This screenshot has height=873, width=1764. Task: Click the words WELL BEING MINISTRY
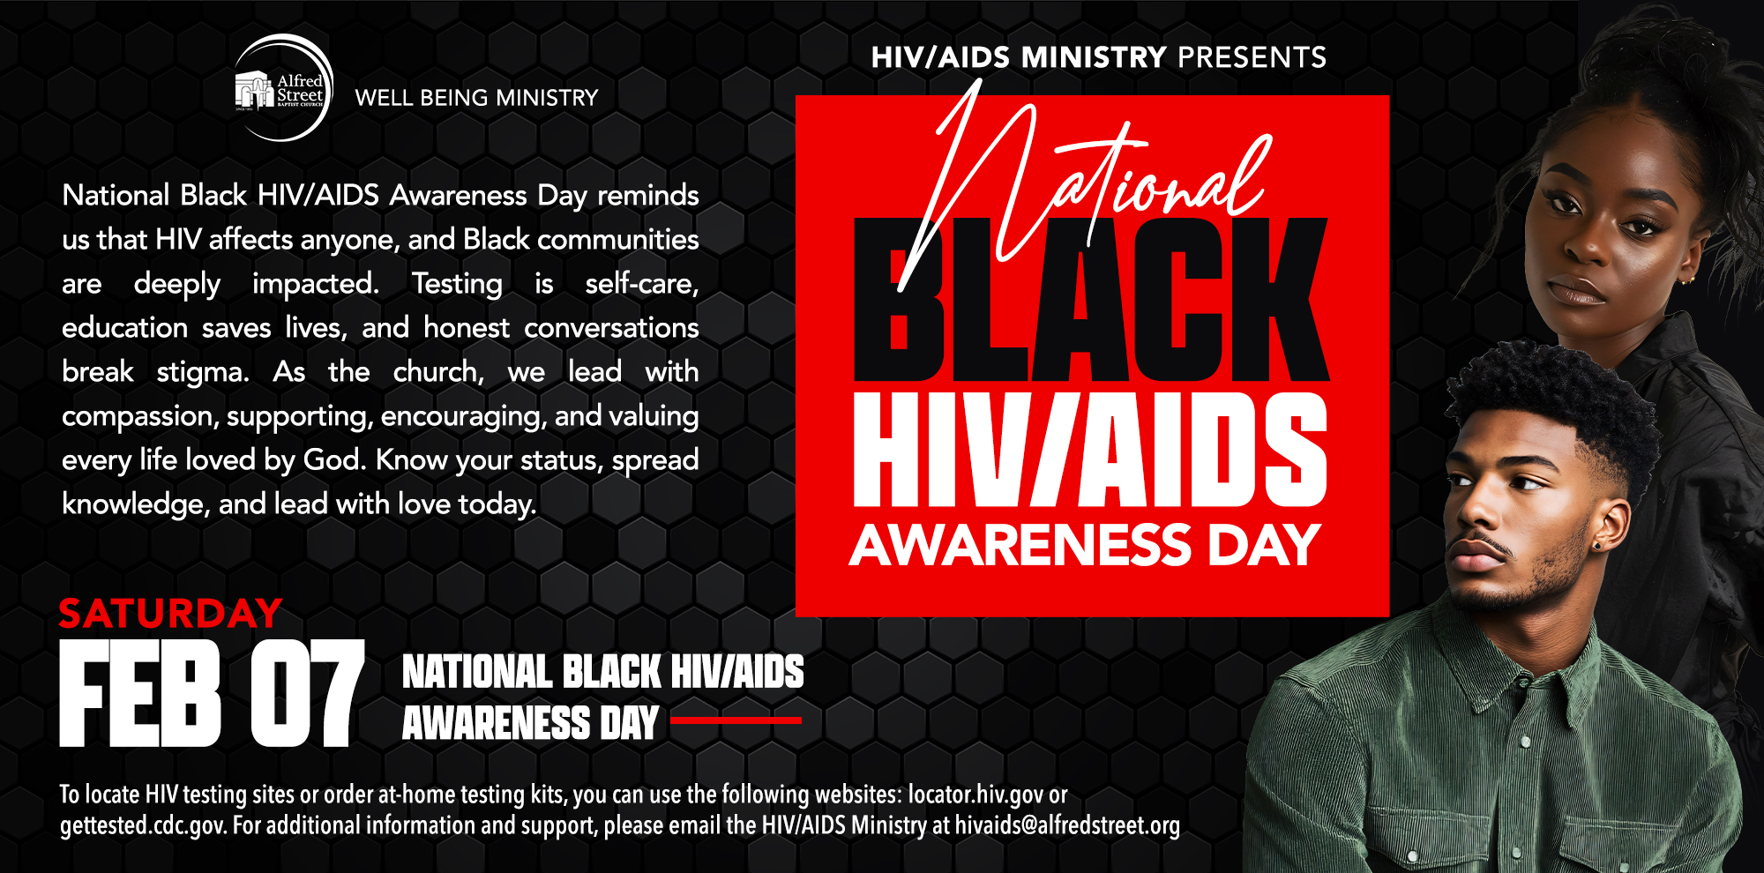coord(476,98)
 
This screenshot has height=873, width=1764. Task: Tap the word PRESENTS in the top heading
coord(1252,57)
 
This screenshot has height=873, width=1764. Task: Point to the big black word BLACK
coord(1091,300)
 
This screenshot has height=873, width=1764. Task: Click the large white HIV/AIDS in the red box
coord(1090,450)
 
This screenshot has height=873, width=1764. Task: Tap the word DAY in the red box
coord(1264,545)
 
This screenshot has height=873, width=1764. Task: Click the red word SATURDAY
coord(170,614)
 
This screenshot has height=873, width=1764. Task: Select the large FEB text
coord(140,694)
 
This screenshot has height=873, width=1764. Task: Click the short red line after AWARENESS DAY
coord(736,720)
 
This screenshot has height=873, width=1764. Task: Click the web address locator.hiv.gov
coord(976,795)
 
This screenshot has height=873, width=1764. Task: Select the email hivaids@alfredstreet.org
coord(1067,826)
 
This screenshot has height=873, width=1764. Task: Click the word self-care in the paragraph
coord(642,284)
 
